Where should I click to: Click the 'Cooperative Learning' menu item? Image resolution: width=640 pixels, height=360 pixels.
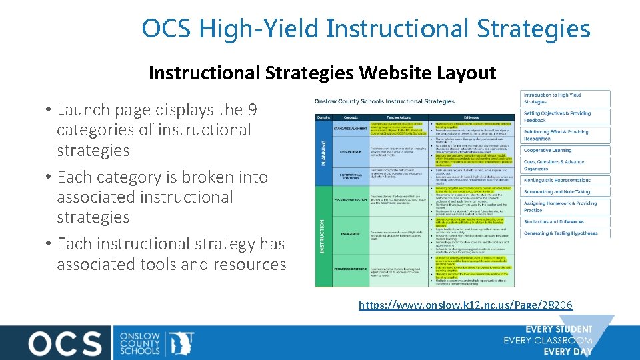pos(547,151)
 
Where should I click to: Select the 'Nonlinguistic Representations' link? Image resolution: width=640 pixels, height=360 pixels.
pos(557,180)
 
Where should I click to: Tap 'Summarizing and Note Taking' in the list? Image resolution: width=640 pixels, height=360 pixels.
pos(557,192)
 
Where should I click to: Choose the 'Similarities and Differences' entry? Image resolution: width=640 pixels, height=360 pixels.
pos(553,222)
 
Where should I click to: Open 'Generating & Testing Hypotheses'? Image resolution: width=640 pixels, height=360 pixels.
pos(560,233)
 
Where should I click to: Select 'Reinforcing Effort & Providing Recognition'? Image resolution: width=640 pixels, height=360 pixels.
pos(556,135)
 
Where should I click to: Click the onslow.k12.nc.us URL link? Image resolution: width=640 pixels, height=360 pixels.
pos(465,305)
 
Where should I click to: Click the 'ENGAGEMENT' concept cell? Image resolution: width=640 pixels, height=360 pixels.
pos(351,235)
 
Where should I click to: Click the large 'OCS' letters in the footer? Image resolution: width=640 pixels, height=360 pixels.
pos(65,343)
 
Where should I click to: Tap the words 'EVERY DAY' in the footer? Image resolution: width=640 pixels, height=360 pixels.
pos(567,351)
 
